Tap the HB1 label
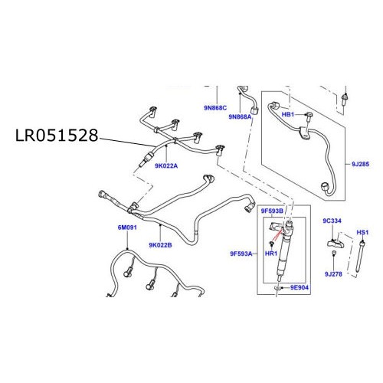click(289, 113)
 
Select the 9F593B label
click(271, 210)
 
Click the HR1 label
click(270, 253)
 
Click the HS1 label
click(364, 231)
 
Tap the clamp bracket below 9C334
click(334, 243)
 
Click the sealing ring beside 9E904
click(275, 288)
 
